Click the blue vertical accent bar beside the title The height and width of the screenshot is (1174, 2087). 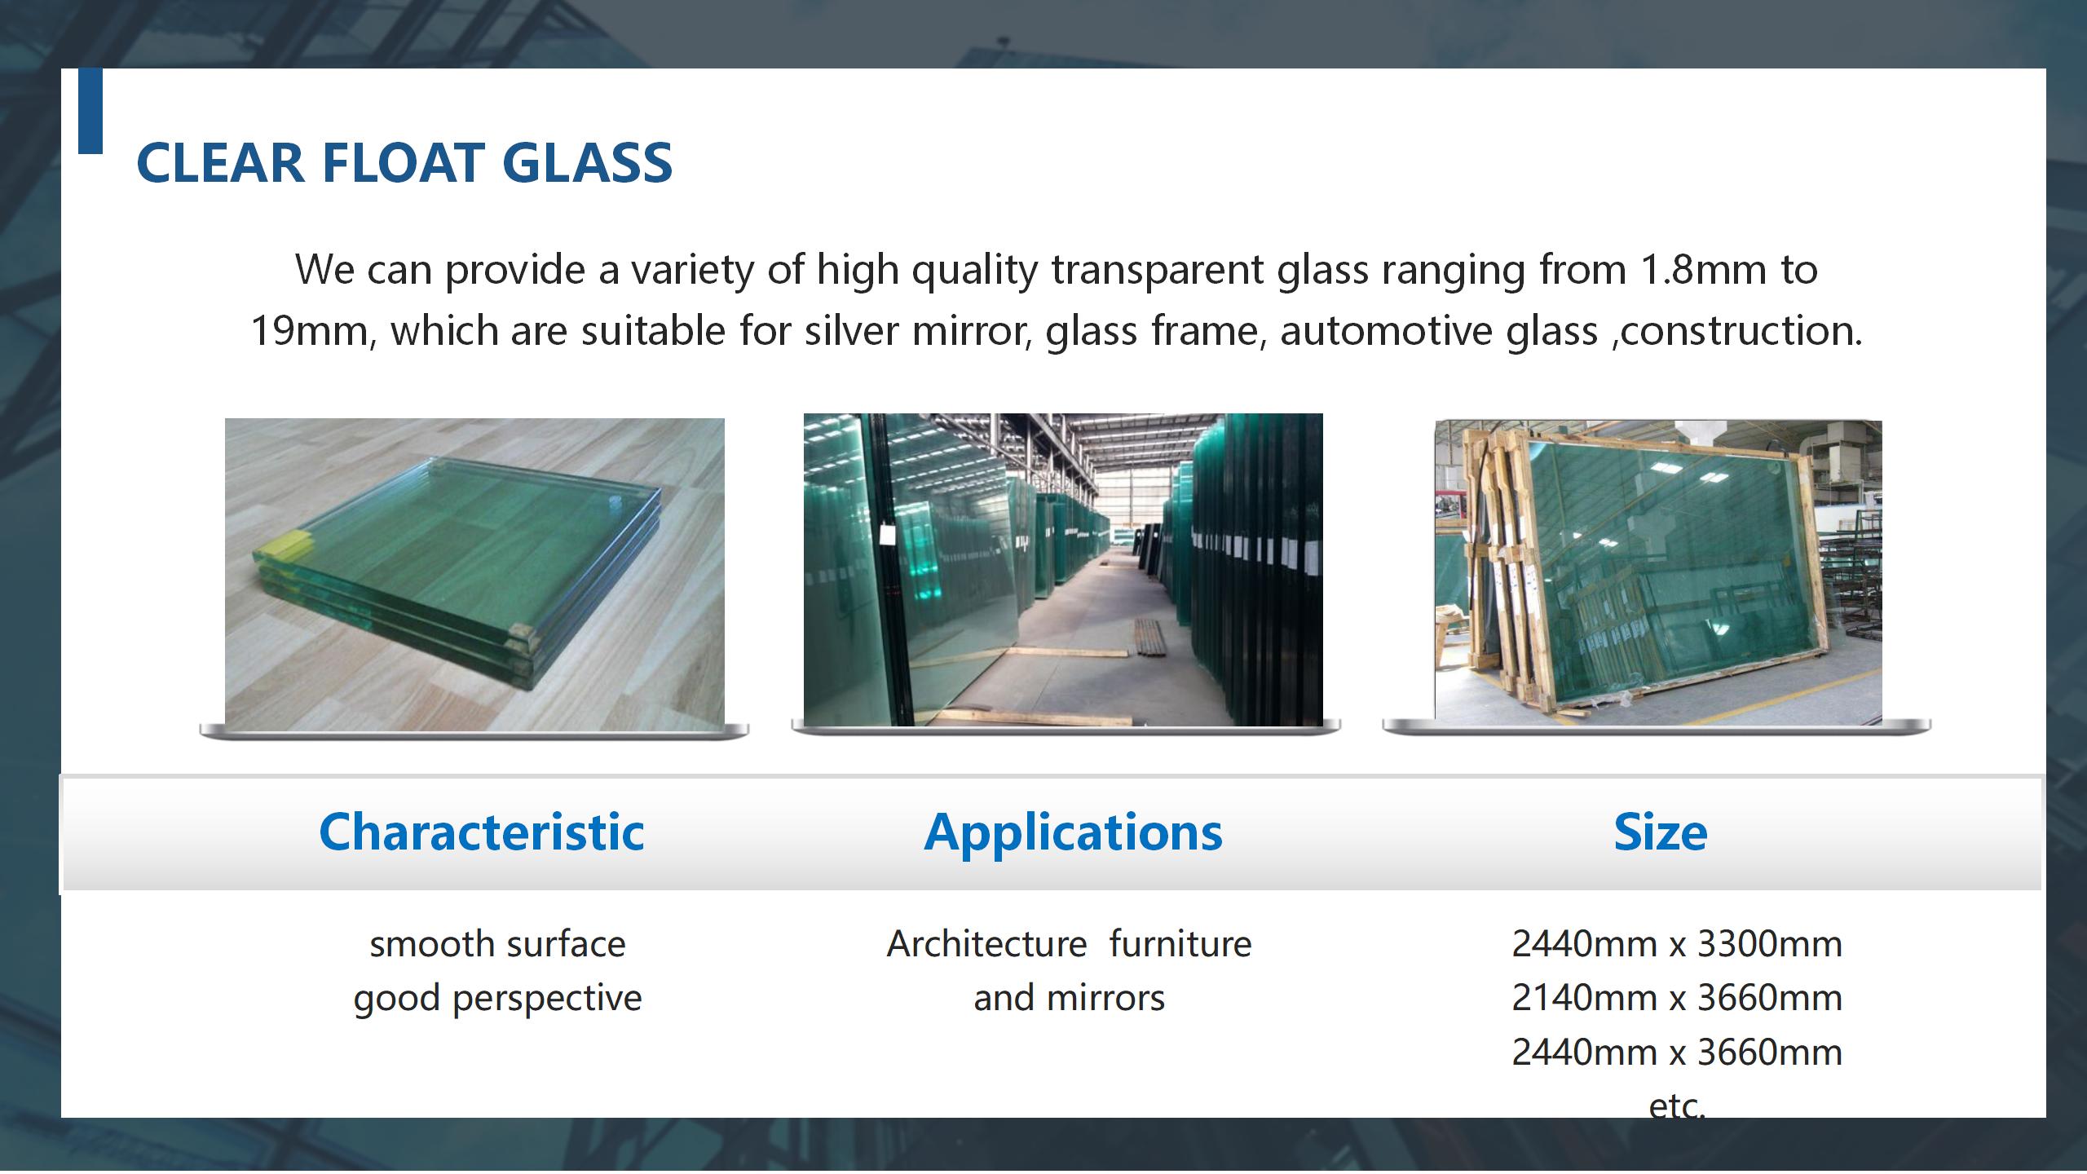(x=90, y=111)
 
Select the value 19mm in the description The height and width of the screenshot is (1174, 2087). (x=311, y=331)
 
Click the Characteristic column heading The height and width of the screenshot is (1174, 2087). (x=482, y=832)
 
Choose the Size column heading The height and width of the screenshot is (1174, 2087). (x=1661, y=832)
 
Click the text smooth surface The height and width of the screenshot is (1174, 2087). (x=498, y=944)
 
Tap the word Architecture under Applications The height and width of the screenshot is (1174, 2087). (x=987, y=944)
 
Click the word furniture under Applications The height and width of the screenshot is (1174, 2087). (x=1180, y=944)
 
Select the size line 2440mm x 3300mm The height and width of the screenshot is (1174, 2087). (x=1677, y=944)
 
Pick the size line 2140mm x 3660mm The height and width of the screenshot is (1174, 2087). (x=1677, y=998)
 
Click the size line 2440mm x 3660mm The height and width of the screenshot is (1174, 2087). (x=1677, y=1053)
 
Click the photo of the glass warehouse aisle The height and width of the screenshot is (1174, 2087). (x=1063, y=569)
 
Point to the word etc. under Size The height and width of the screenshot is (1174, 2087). (x=1677, y=1106)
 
